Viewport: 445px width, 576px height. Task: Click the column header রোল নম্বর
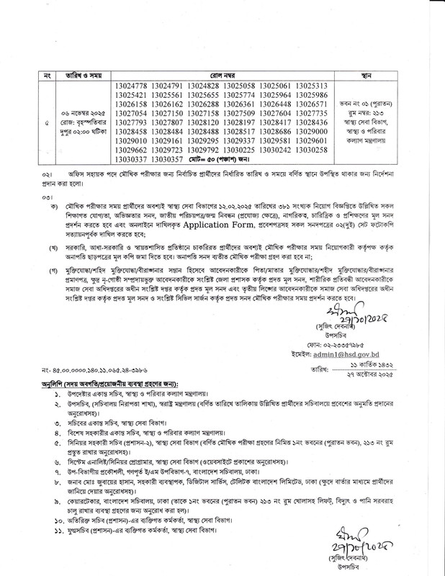pyautogui.click(x=222, y=74)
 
